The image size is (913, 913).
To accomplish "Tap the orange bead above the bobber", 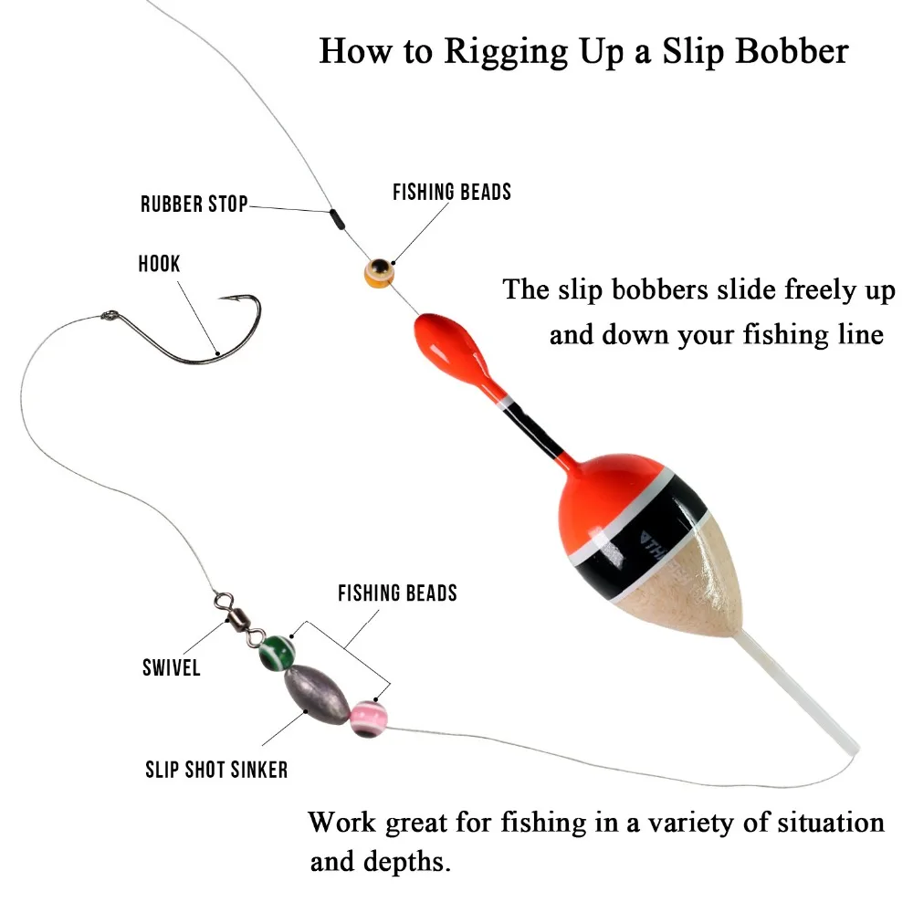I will [377, 271].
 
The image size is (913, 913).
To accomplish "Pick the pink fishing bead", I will [366, 718].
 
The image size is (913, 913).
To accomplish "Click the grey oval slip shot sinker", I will [314, 690].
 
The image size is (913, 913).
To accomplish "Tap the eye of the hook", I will [108, 317].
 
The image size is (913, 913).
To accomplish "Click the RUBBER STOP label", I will [194, 204].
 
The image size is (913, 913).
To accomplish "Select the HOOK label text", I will [159, 264].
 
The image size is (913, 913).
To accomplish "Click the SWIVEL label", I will [171, 668].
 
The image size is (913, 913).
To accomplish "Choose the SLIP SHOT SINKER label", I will [216, 770].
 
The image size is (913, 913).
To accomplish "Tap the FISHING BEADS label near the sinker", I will [397, 593].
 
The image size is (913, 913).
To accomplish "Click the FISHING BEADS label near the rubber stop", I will [452, 193].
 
